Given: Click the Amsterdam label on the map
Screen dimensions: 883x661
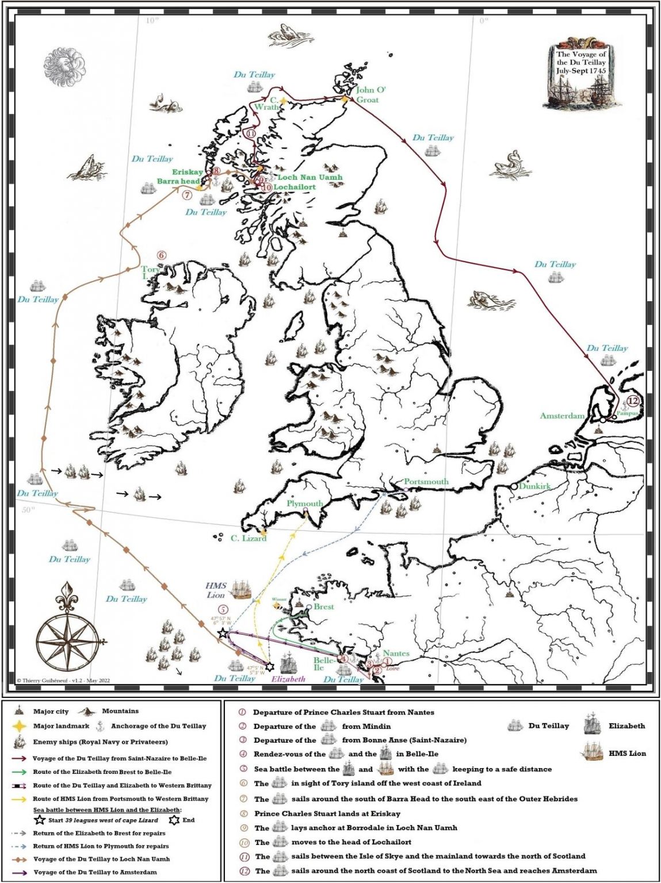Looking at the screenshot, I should pyautogui.click(x=561, y=416).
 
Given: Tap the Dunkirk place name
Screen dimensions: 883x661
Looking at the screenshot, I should pyautogui.click(x=534, y=486).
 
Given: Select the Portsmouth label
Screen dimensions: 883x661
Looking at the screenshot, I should pyautogui.click(x=426, y=482).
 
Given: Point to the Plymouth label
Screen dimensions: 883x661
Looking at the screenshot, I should pyautogui.click(x=304, y=504).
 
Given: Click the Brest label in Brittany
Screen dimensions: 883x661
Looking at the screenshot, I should pyautogui.click(x=323, y=606).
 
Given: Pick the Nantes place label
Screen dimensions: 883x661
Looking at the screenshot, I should pyautogui.click(x=396, y=653).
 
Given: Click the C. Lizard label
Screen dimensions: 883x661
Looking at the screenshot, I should pyautogui.click(x=249, y=538).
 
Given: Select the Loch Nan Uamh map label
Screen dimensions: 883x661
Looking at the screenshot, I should pyautogui.click(x=310, y=178).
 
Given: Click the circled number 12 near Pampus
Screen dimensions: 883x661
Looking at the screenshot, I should pyautogui.click(x=633, y=401).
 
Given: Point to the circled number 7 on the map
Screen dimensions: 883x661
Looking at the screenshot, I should pyautogui.click(x=187, y=195).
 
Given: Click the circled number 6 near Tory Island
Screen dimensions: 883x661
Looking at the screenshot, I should pyautogui.click(x=162, y=255).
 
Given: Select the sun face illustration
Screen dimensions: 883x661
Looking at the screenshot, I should pyautogui.click(x=67, y=65).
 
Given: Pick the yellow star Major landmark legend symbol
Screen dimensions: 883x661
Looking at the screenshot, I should pyautogui.click(x=20, y=726).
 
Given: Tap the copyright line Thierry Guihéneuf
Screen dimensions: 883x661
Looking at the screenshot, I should pyautogui.click(x=63, y=681).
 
